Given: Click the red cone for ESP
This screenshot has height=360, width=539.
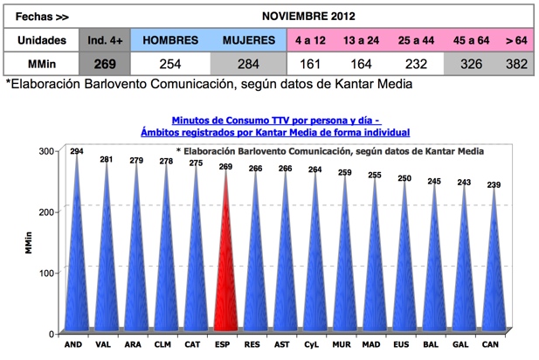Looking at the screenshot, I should point(226,262).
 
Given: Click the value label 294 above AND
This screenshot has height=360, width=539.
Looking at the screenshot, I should point(77,152).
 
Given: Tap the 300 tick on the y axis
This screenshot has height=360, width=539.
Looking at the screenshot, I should point(49,151).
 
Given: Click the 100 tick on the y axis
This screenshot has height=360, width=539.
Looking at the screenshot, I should point(49,273).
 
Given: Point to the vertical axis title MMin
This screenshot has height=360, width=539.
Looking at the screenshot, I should point(28,243).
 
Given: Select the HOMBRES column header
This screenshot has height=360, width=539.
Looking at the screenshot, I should point(170,40).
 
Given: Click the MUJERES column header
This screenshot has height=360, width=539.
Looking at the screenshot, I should point(248,40).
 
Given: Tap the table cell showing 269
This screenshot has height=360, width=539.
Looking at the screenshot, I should point(103,64).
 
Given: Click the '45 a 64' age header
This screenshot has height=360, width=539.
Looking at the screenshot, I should point(470,40).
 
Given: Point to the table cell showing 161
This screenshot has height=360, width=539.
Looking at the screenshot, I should point(311,64).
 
